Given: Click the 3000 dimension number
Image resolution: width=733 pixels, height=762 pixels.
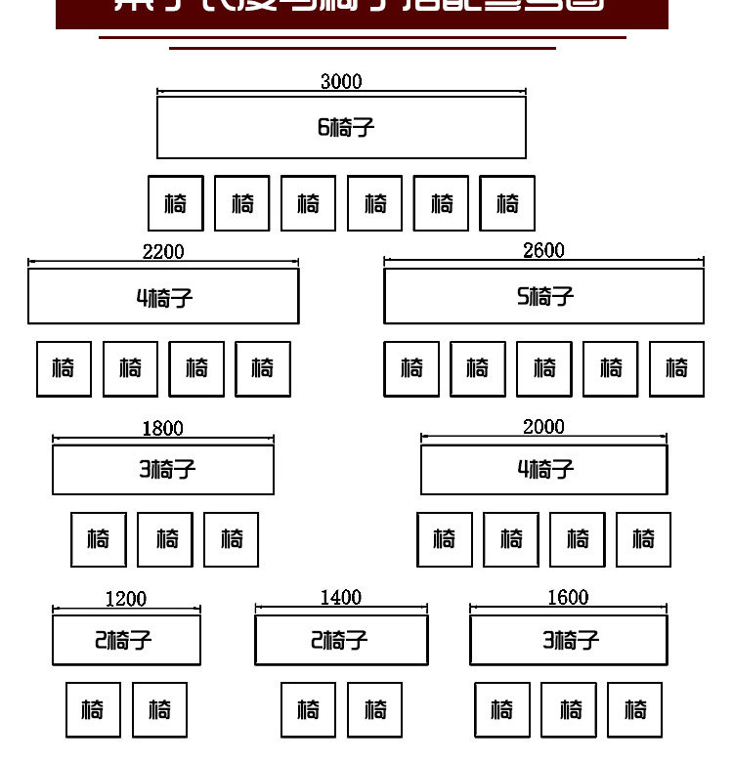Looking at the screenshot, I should (341, 82).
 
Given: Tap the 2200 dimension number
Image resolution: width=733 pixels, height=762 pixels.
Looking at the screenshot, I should (163, 252).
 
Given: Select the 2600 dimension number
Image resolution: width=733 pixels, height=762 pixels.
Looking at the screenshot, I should (543, 251).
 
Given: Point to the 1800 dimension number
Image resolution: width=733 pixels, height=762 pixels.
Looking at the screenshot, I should (162, 429).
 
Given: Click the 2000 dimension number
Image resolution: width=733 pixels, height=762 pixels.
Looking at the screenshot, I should (543, 427).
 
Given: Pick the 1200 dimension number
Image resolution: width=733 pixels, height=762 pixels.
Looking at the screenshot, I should (126, 599).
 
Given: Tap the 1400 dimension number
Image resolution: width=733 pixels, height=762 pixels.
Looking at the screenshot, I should (341, 597).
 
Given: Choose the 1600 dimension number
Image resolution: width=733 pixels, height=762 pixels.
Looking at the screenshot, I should (568, 597).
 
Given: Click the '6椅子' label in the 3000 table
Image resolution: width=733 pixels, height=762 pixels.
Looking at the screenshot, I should (346, 128).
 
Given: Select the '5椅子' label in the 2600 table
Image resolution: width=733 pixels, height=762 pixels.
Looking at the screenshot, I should (545, 296).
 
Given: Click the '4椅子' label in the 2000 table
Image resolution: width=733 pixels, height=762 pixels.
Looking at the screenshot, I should (545, 470).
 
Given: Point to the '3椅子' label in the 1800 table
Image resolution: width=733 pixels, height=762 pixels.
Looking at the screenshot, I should (167, 470).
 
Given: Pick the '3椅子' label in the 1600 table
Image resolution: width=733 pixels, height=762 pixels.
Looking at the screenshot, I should (570, 641).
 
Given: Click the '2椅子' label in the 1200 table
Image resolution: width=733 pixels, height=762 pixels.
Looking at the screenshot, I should (123, 641).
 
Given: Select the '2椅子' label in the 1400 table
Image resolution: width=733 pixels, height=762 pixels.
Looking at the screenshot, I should (339, 641).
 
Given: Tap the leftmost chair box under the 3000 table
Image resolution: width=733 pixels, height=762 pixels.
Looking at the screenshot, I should (176, 203).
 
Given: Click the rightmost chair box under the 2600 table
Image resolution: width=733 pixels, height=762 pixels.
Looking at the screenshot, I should (676, 369).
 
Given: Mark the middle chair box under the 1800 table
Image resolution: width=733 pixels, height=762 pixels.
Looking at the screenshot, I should (165, 539).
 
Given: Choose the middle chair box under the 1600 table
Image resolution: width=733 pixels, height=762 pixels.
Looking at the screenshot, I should (569, 710).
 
